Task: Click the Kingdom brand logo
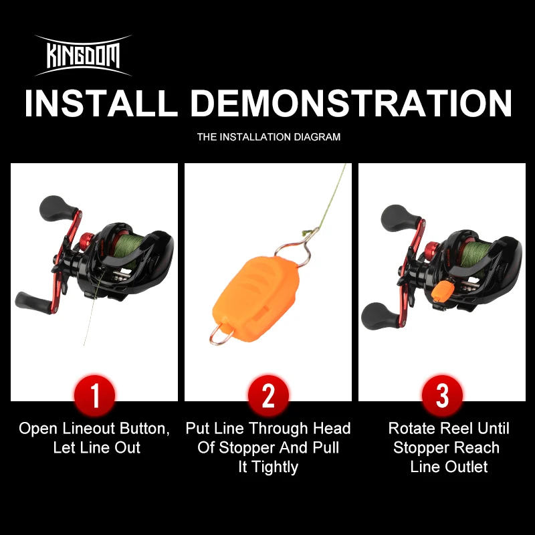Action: coord(84,56)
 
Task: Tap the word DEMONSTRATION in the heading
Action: coord(356,104)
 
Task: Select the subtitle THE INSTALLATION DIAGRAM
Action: coord(268,137)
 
